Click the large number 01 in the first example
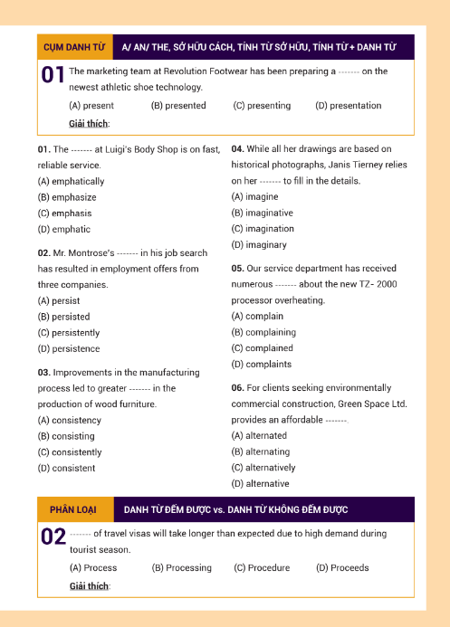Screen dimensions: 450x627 (x=53, y=77)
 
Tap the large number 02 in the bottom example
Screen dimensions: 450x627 (x=53, y=540)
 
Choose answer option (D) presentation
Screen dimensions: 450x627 (x=348, y=106)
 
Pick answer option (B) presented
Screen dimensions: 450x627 (x=178, y=106)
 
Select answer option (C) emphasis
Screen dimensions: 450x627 (x=64, y=214)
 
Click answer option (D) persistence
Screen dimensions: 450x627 (x=69, y=349)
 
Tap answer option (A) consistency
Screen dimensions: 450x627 (x=70, y=420)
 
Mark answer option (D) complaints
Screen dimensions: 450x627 (x=262, y=365)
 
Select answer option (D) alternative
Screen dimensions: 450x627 (x=261, y=484)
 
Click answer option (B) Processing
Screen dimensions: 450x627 (x=181, y=568)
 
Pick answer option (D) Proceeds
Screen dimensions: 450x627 (x=342, y=568)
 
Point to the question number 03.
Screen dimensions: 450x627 (x=43, y=373)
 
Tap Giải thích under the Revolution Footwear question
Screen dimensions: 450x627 (x=89, y=123)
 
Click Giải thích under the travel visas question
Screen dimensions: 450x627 (x=89, y=586)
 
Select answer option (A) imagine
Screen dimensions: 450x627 (x=255, y=196)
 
